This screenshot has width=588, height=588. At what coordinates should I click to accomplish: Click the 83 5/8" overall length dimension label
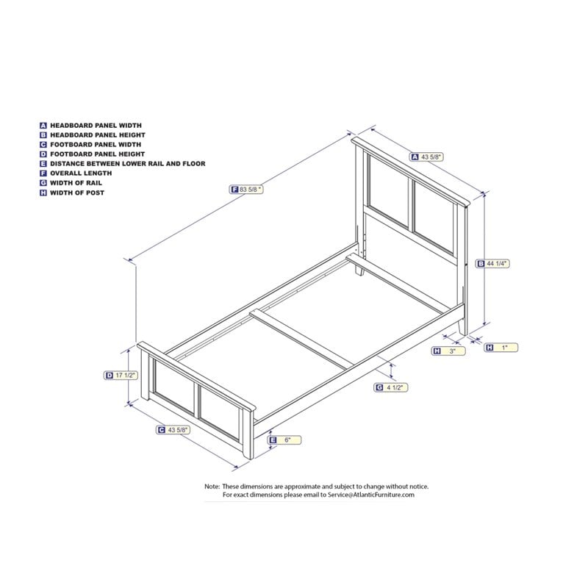pos(246,190)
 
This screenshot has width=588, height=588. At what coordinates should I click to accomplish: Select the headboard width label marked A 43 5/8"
pos(427,157)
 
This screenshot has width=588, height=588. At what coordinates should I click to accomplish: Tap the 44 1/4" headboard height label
pos(492,264)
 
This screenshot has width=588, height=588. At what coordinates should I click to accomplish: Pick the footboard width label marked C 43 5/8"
pos(173,430)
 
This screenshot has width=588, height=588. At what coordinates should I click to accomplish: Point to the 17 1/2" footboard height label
pos(121,375)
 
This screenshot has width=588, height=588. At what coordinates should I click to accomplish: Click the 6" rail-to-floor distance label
pos(284,440)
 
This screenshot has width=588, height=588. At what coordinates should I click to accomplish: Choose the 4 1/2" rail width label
pos(391,387)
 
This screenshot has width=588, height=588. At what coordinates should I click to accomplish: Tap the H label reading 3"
pos(448,351)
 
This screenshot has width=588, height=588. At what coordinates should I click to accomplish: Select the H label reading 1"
pos(501,348)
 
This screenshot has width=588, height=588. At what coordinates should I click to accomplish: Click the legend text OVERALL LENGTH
pos(81,173)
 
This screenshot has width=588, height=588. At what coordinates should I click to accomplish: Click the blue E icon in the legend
pos(43,164)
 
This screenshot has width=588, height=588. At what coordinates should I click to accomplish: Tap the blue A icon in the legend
pos(43,126)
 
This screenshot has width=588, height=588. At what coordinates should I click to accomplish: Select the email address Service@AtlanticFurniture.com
pos(371,495)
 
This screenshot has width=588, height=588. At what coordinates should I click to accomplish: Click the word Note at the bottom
pos(212,487)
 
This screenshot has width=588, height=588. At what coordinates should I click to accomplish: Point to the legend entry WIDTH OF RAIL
pos(76,183)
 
